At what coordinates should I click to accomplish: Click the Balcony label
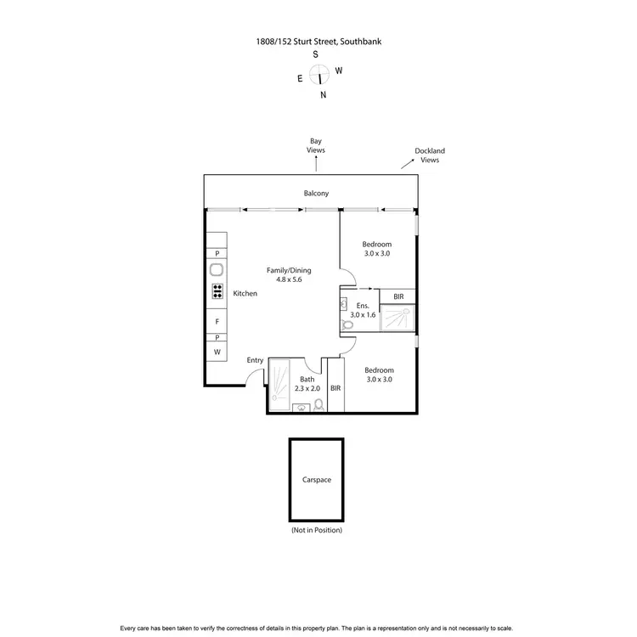point(316,194)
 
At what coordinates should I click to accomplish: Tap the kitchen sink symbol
point(217,271)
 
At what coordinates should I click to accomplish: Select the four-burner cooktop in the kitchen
point(217,291)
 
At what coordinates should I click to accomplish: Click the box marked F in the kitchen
point(217,322)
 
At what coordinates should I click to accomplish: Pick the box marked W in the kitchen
point(217,352)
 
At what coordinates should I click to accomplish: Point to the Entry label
point(255,360)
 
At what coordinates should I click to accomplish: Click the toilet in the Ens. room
point(347,324)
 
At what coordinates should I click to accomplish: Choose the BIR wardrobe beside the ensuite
point(397,296)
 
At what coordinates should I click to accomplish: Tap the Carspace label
point(316,480)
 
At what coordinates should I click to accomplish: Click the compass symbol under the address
point(320,76)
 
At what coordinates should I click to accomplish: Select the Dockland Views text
point(430,155)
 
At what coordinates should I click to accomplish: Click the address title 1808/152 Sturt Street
point(316,40)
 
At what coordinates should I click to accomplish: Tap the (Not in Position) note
point(316,530)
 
